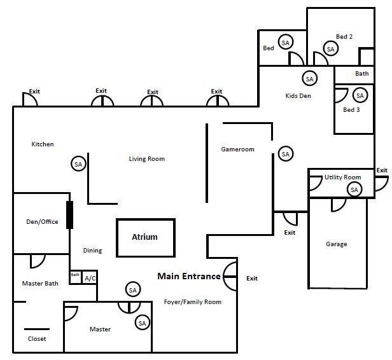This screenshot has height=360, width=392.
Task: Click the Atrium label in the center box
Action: tap(144, 237)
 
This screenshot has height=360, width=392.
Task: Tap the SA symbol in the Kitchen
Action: tap(78, 164)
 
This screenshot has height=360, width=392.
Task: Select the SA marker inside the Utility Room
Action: tap(354, 190)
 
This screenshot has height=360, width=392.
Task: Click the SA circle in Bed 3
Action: tap(360, 95)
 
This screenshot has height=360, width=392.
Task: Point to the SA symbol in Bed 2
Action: tap(330, 49)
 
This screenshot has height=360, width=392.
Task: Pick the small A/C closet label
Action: tap(90, 278)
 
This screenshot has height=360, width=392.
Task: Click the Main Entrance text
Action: tap(189, 276)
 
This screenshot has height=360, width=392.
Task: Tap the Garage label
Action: tap(337, 244)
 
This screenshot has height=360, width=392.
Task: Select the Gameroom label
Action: tap(238, 149)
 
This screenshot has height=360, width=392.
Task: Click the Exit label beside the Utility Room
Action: tap(382, 170)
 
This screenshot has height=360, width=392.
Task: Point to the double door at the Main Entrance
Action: tap(230, 277)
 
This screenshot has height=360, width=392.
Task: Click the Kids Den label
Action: tap(298, 95)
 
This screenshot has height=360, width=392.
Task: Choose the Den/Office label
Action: tap(42, 221)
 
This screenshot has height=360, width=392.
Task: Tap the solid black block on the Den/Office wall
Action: tap(70, 215)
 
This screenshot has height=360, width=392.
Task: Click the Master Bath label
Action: tap(40, 283)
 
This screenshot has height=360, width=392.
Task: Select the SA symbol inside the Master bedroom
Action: tap(143, 323)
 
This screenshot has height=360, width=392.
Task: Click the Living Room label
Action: tap(147, 159)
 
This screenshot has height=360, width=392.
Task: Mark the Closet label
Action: tap(37, 339)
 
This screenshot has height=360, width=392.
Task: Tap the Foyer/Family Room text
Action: tap(193, 302)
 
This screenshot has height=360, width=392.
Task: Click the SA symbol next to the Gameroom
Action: tap(286, 154)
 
